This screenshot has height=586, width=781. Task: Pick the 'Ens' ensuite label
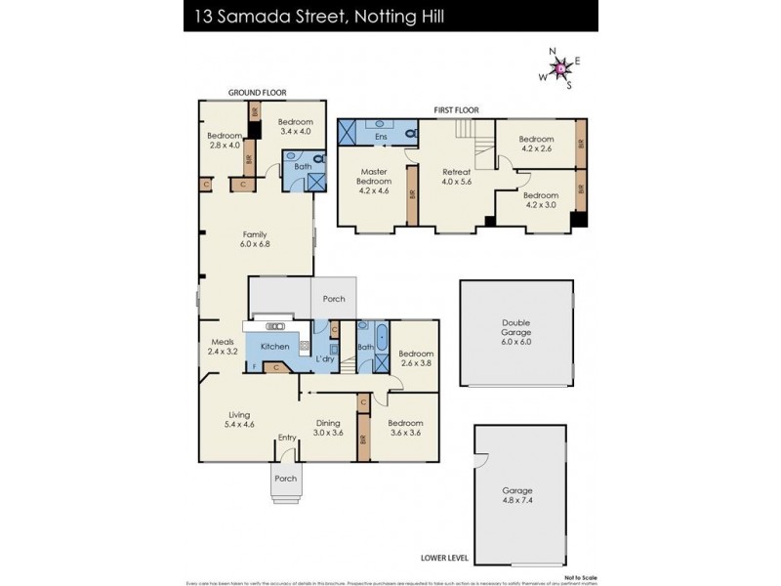coord(380,137)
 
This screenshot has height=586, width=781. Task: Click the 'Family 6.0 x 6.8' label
coord(257,239)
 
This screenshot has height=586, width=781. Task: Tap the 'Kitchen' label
coord(274,348)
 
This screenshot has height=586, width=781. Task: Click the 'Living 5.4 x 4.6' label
coord(240,420)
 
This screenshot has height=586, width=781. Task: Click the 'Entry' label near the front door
coord(286,438)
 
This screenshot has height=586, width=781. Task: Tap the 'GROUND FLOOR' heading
coord(258,92)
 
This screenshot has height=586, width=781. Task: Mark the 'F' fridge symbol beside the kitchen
coord(255,367)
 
